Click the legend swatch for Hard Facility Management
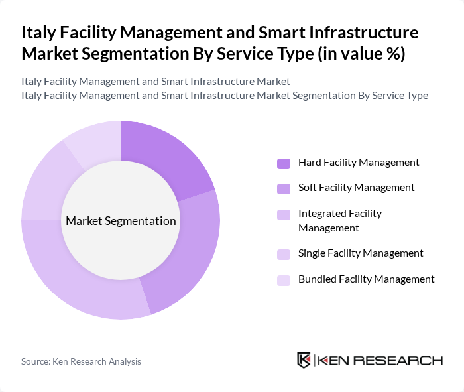coord(284,163)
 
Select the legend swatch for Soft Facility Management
coord(284,188)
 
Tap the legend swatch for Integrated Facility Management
coord(284,214)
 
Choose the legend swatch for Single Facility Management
coord(284,254)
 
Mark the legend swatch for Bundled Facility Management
coord(284,280)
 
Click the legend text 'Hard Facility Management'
coord(359,163)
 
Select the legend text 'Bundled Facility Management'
coord(367,279)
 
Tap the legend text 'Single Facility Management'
coord(361,253)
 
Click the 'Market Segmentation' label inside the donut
coord(121,221)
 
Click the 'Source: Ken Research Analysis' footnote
coord(81,361)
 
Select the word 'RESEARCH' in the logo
coord(404,361)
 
